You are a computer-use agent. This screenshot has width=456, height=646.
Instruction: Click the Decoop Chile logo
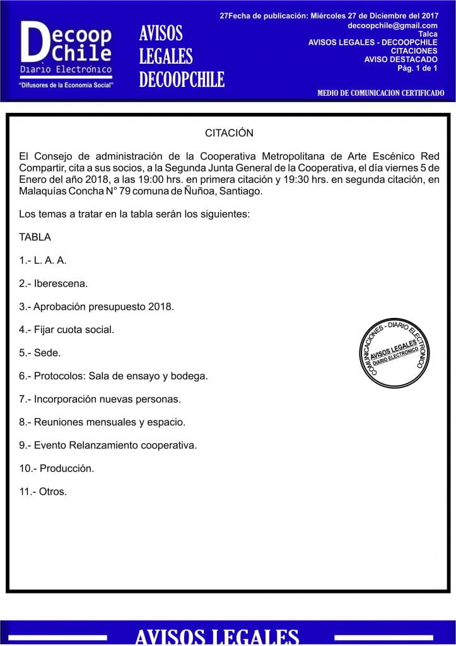[x=66, y=48]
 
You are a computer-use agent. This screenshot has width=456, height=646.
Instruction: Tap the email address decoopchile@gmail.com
[x=392, y=26]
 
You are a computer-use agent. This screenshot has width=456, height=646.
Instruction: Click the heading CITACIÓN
[x=229, y=133]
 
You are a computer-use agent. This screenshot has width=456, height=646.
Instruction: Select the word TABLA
[x=35, y=237]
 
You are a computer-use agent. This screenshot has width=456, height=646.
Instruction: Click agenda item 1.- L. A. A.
[x=43, y=260]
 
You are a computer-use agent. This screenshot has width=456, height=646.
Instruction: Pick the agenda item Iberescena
[x=54, y=283]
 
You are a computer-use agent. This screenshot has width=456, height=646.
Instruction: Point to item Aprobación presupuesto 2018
[x=96, y=307]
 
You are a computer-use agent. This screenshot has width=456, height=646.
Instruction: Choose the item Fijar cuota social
[x=67, y=329]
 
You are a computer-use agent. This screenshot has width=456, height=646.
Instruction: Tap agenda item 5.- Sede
[x=40, y=353]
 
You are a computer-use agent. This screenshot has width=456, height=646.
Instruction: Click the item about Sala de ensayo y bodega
[x=114, y=376]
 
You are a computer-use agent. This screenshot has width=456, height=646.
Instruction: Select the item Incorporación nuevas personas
[x=100, y=399]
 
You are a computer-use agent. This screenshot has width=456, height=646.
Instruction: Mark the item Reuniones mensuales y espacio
[x=102, y=422]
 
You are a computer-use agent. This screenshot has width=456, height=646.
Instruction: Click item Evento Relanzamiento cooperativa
[x=108, y=445]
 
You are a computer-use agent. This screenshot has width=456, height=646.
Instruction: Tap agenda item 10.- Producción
[x=57, y=468]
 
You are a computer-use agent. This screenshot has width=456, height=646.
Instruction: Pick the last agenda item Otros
[x=44, y=491]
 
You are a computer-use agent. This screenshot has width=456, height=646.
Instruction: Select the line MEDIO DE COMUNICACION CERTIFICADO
[x=380, y=93]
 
